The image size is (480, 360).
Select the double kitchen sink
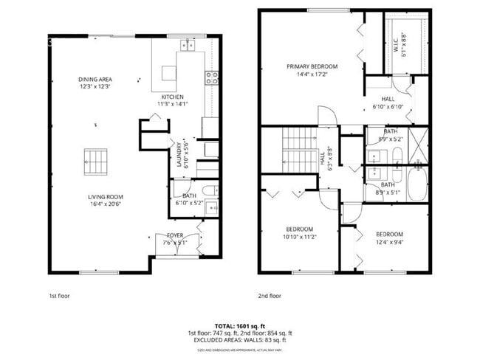187,45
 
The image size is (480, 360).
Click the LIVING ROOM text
106,196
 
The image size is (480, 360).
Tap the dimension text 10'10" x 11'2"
299,236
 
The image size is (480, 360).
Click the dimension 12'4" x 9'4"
389,240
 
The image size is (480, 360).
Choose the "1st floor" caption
60,296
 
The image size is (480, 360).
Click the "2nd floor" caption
270,296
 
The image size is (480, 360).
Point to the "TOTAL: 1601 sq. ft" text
240,325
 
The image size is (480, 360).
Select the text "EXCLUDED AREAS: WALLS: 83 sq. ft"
240,340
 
